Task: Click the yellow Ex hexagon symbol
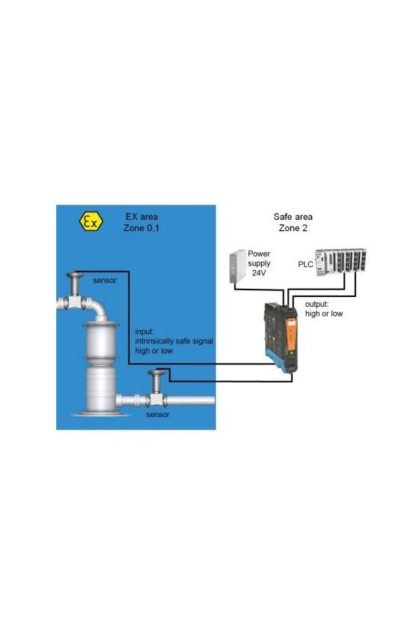pos(91,222)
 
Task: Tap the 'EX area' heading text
pos(142,217)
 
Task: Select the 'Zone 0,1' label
pos(141,228)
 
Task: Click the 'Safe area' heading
pos(293,217)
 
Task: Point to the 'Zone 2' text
pos(293,228)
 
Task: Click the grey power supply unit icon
pos(238,266)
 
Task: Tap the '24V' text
pos(259,273)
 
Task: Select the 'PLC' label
pos(305,264)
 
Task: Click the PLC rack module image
pos(340,262)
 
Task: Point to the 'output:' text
pos(316,304)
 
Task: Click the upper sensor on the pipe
pos(75,289)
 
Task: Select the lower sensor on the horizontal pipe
pos(156,388)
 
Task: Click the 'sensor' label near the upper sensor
pos(104,280)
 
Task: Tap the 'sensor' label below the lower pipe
pos(157,414)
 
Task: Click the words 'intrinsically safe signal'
pos(174,341)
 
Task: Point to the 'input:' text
pos(144,331)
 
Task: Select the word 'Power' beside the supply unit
pos(259,253)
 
